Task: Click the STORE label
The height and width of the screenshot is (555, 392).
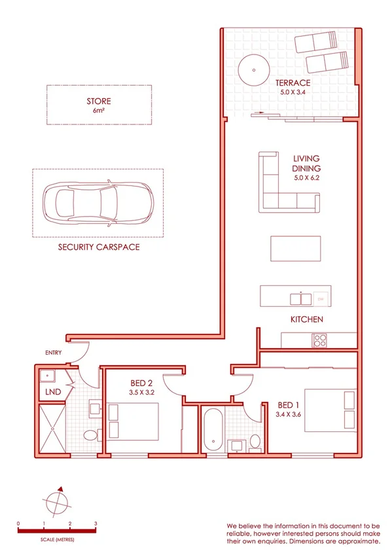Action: pos(98,101)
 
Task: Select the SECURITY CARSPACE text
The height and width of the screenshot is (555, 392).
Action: pos(98,248)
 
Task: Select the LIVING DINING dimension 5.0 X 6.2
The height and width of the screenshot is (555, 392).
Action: pos(306,177)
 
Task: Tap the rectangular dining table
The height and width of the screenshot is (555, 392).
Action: pos(295,249)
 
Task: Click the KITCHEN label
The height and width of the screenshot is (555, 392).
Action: pos(307,319)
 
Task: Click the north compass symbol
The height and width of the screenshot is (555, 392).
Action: pos(58,503)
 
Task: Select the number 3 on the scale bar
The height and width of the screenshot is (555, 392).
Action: pos(96,524)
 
